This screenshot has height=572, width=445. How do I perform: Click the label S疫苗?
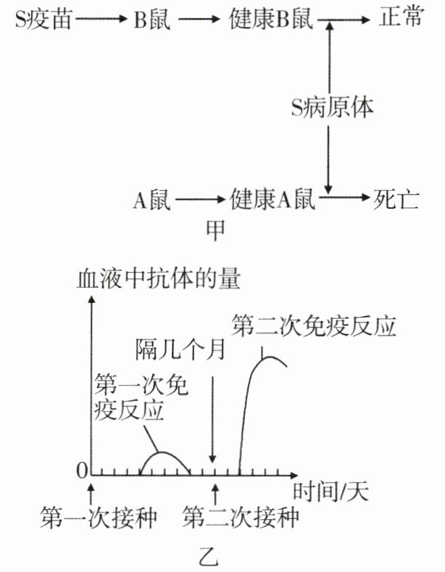(42, 20)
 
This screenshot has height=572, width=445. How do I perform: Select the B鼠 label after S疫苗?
(151, 20)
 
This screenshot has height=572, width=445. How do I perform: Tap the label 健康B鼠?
(270, 20)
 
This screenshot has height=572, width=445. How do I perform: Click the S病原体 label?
(332, 109)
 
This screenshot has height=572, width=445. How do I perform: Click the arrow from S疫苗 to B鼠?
(99, 20)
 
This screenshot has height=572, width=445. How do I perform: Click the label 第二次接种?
(241, 518)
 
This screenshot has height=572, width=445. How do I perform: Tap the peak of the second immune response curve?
(269, 355)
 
